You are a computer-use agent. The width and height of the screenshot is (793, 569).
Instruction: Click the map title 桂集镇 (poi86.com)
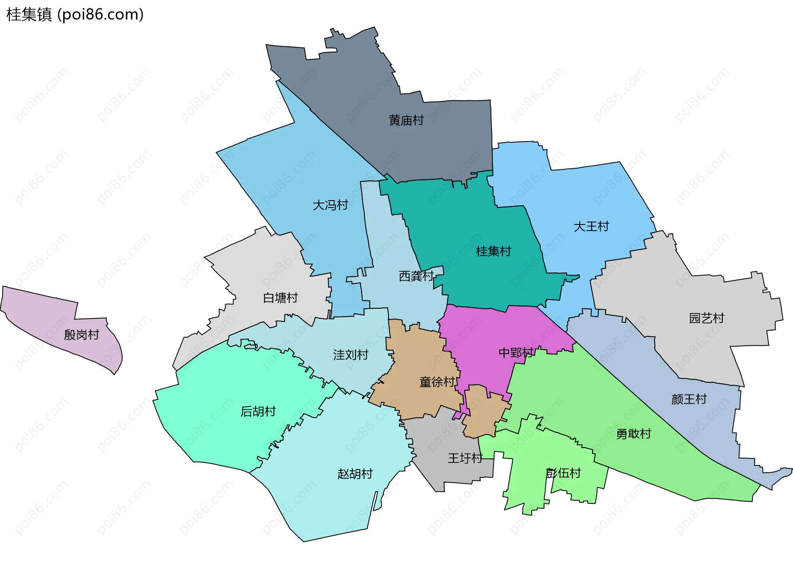pyautogui.click(x=75, y=14)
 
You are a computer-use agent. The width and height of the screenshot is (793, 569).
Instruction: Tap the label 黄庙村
pyautogui.click(x=406, y=120)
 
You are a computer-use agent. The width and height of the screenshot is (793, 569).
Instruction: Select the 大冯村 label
pyautogui.click(x=330, y=205)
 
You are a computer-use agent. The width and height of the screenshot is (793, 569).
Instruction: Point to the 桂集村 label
pyautogui.click(x=493, y=251)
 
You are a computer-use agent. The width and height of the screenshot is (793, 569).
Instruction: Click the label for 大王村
pyautogui.click(x=591, y=226)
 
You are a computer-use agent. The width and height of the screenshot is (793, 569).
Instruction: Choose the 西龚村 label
pyautogui.click(x=416, y=276)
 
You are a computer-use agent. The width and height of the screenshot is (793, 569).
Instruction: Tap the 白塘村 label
pyautogui.click(x=280, y=297)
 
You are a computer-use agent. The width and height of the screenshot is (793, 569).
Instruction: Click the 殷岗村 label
pyautogui.click(x=81, y=334)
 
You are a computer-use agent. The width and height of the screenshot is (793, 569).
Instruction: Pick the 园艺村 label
pyautogui.click(x=706, y=318)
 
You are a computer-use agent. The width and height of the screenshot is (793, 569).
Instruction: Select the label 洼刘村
pyautogui.click(x=351, y=354)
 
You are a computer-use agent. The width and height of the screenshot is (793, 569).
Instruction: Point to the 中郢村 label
pyautogui.click(x=516, y=353)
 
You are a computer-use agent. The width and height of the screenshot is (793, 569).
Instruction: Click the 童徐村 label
pyautogui.click(x=437, y=382)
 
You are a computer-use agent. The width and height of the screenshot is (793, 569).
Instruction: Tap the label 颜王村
pyautogui.click(x=689, y=399)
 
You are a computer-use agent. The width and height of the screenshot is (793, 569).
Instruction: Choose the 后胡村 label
pyautogui.click(x=258, y=411)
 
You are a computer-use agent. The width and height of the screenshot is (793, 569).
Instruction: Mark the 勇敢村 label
pyautogui.click(x=633, y=434)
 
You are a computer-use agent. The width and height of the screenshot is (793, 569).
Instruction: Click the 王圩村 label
pyautogui.click(x=465, y=458)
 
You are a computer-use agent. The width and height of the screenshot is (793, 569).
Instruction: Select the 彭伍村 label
pyautogui.click(x=563, y=473)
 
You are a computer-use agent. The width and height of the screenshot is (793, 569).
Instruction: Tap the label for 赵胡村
pyautogui.click(x=355, y=473)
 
